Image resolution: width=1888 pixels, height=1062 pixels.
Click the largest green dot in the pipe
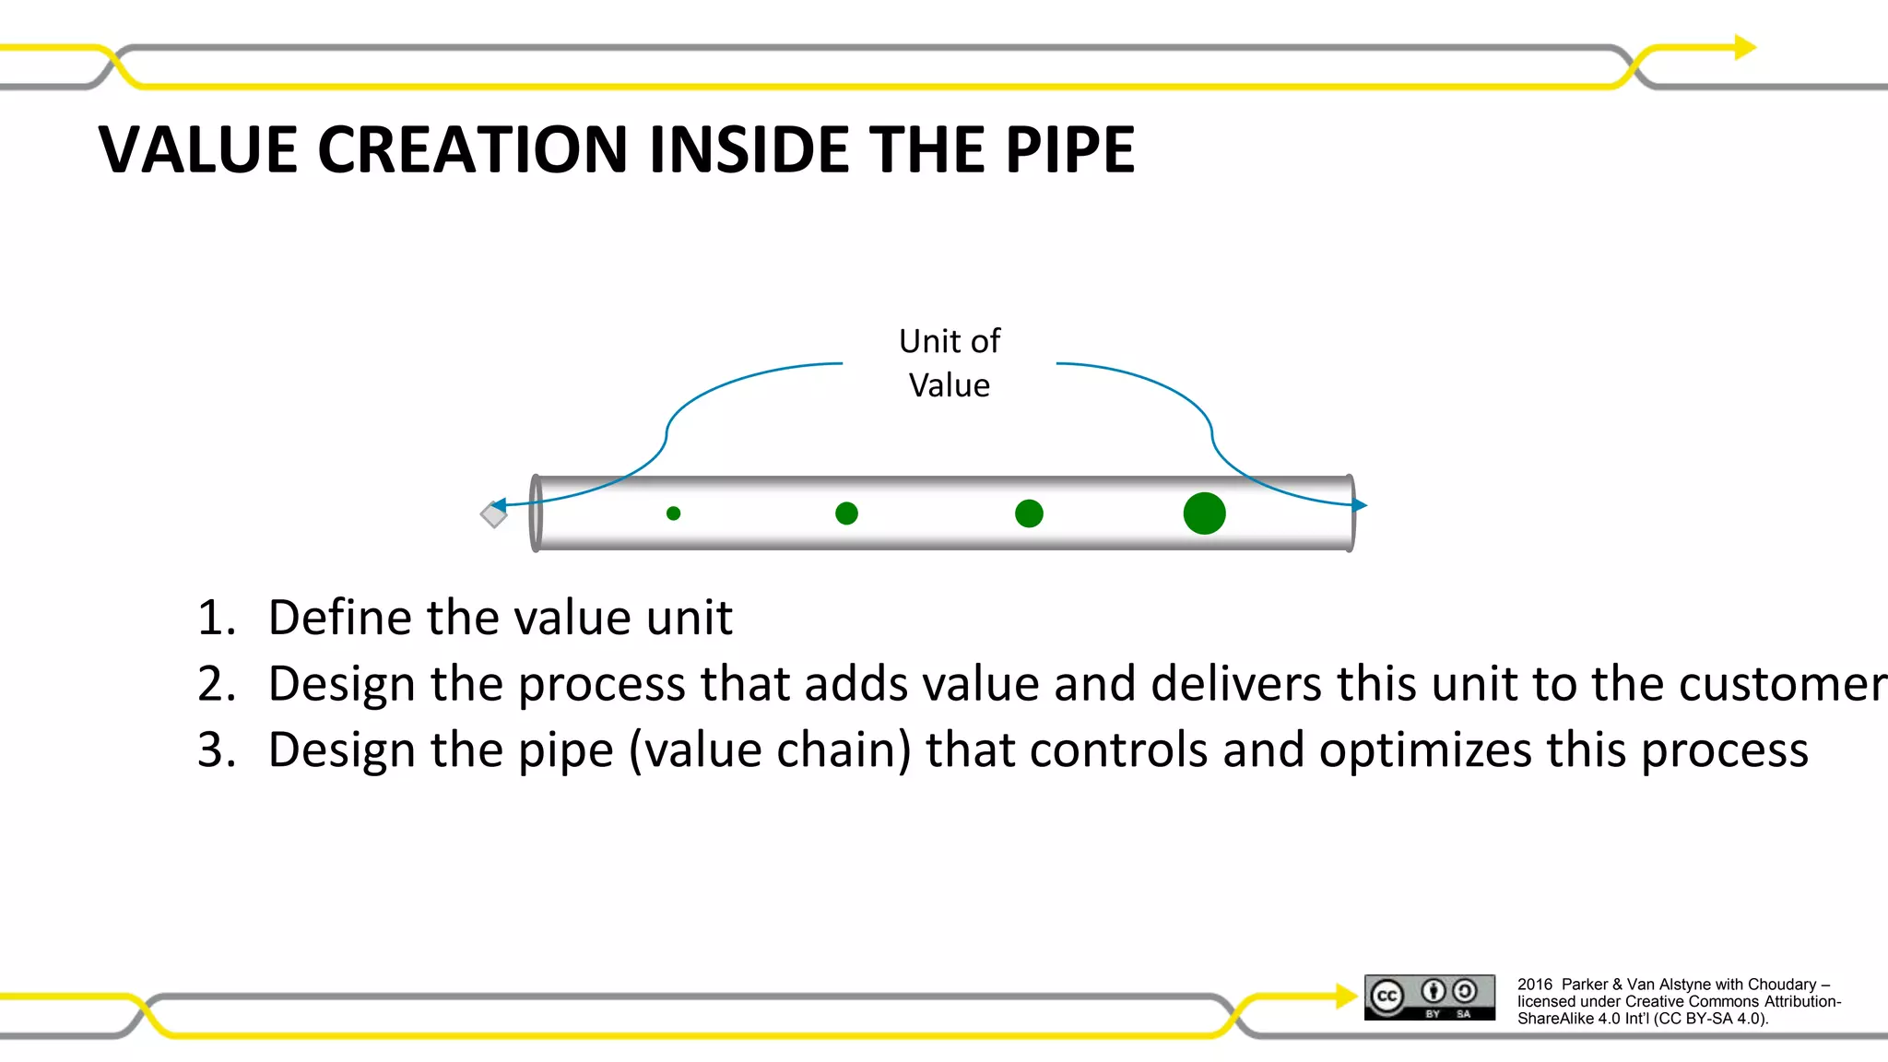(x=1204, y=513)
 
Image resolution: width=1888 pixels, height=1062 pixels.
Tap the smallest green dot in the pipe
(x=674, y=513)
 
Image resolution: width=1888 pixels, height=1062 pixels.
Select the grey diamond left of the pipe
(x=493, y=515)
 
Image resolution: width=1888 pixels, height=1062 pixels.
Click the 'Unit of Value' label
(x=949, y=363)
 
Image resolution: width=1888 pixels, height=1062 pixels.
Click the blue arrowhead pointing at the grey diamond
(x=499, y=505)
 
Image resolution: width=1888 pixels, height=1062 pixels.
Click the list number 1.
(x=215, y=618)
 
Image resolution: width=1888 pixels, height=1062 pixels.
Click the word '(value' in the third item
(x=695, y=749)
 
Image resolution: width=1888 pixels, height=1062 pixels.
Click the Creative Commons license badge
(x=1429, y=997)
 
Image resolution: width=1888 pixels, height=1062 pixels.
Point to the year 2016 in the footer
(x=1535, y=985)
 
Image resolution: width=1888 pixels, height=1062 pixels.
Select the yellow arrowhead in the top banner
(x=1745, y=47)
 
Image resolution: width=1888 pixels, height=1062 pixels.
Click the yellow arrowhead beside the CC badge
(x=1346, y=996)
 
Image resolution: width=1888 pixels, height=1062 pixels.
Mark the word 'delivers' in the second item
(x=1236, y=684)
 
